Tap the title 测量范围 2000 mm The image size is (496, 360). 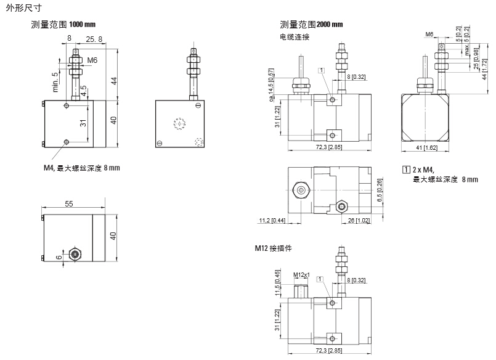pyautogui.click(x=311, y=25)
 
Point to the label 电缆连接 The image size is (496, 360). pyautogui.click(x=295, y=37)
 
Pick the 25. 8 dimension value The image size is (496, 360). pyautogui.click(x=94, y=39)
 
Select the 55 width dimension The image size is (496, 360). pyautogui.click(x=68, y=203)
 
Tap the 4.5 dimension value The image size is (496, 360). pyautogui.click(x=84, y=91)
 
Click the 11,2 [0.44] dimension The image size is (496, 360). pyautogui.click(x=270, y=220)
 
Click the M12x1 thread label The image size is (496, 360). pyautogui.click(x=301, y=274)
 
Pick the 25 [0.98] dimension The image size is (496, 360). pyautogui.click(x=476, y=59)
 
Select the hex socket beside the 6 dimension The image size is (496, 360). pyautogui.click(x=75, y=253)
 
